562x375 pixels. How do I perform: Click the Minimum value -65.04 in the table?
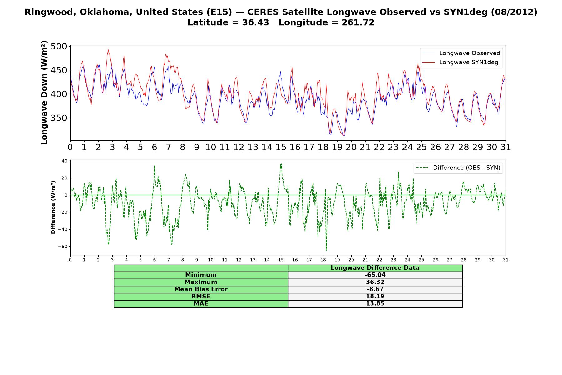375,275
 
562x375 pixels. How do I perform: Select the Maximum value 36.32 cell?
375,282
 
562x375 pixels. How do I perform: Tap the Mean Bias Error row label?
201,289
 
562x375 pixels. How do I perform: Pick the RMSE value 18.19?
375,297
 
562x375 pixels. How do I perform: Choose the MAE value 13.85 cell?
375,304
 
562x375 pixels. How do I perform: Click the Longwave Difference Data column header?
375,268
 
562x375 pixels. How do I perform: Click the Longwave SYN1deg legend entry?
460,62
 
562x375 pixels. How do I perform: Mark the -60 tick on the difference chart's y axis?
62,247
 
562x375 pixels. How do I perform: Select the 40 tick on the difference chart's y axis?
64,161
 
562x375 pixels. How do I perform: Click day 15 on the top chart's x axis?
281,147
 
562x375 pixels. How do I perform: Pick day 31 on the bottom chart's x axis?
506,260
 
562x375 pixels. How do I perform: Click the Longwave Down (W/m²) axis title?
44,92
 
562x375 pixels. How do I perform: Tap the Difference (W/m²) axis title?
53,207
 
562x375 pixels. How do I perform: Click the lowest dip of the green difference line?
326,251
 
